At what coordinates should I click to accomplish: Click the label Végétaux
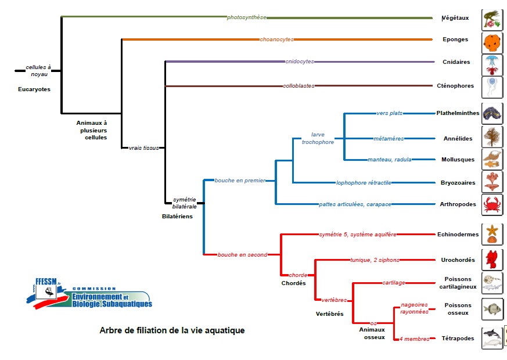(x=455, y=17)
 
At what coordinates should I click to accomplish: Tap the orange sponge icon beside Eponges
(x=492, y=42)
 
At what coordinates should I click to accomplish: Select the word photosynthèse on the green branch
(x=247, y=17)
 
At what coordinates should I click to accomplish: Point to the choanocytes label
(x=276, y=39)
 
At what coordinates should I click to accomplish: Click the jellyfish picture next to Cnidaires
(x=492, y=64)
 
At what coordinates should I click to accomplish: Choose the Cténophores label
(x=455, y=86)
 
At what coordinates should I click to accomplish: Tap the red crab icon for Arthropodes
(x=492, y=204)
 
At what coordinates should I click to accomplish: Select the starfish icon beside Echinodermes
(x=492, y=234)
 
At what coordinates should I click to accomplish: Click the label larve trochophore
(x=318, y=138)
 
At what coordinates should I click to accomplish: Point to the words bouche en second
(x=242, y=255)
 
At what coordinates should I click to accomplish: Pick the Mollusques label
(x=458, y=160)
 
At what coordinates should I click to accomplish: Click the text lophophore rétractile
(x=364, y=183)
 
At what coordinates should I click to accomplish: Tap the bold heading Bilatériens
(x=177, y=216)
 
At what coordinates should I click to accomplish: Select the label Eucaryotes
(x=34, y=89)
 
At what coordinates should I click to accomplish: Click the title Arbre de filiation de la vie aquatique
(x=172, y=330)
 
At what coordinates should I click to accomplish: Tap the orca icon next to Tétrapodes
(x=492, y=338)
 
